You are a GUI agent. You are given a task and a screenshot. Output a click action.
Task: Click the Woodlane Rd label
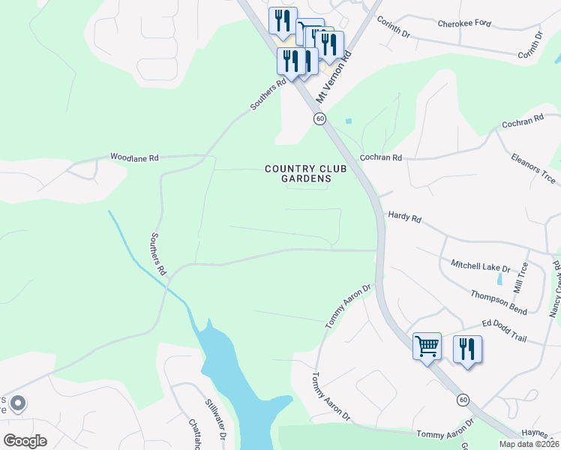134,158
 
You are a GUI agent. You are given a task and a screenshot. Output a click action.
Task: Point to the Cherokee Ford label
465,23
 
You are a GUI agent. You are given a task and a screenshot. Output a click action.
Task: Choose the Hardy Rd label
405,218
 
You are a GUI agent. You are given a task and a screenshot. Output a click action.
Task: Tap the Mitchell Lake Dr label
480,266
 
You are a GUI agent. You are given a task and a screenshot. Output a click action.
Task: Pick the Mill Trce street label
521,277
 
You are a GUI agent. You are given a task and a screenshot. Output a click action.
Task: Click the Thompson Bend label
499,302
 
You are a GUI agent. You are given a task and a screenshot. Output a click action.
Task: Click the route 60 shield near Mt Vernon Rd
319,119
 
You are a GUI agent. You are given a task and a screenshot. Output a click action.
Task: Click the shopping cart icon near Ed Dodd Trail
427,346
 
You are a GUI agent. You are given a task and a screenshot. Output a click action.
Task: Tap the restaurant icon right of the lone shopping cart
467,349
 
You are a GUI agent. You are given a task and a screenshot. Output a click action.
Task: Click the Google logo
25,440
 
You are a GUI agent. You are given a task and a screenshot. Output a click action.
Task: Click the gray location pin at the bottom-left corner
19,403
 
